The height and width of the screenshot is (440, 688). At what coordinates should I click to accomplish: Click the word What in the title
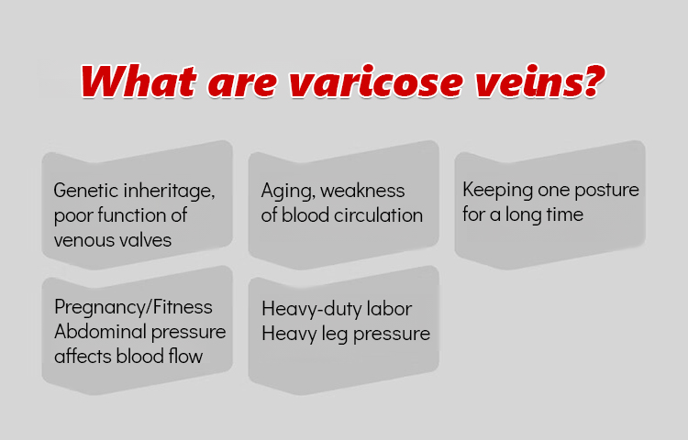pos(139,81)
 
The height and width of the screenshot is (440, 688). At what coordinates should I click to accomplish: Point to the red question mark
pos(594,81)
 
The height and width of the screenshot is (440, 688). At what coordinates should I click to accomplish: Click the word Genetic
pos(86,191)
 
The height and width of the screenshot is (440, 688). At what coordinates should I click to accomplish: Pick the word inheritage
pos(169,192)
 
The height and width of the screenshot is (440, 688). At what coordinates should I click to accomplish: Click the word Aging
pos(288,192)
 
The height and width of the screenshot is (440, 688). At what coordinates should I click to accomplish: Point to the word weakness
pos(363,191)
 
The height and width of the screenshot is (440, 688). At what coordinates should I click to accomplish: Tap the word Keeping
pos(497,191)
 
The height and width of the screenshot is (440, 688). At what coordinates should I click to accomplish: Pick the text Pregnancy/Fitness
pos(133,307)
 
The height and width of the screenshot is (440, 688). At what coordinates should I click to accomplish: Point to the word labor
pos(390,309)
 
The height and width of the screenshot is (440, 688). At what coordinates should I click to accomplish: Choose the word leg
pos(335,335)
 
